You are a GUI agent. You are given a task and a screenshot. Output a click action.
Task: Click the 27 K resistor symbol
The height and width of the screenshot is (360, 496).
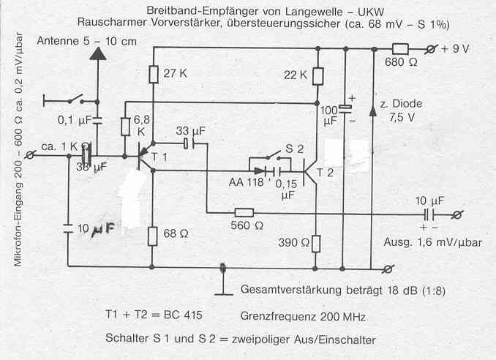(x=154, y=74)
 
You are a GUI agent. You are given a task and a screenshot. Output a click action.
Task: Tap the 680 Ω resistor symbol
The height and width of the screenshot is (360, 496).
(x=400, y=49)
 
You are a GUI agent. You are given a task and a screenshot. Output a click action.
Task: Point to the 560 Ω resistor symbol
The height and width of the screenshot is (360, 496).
(x=243, y=213)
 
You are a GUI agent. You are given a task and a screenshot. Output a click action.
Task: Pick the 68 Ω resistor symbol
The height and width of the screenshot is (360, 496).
(x=154, y=236)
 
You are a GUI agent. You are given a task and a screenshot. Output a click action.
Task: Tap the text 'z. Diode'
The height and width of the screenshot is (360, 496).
(x=399, y=101)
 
